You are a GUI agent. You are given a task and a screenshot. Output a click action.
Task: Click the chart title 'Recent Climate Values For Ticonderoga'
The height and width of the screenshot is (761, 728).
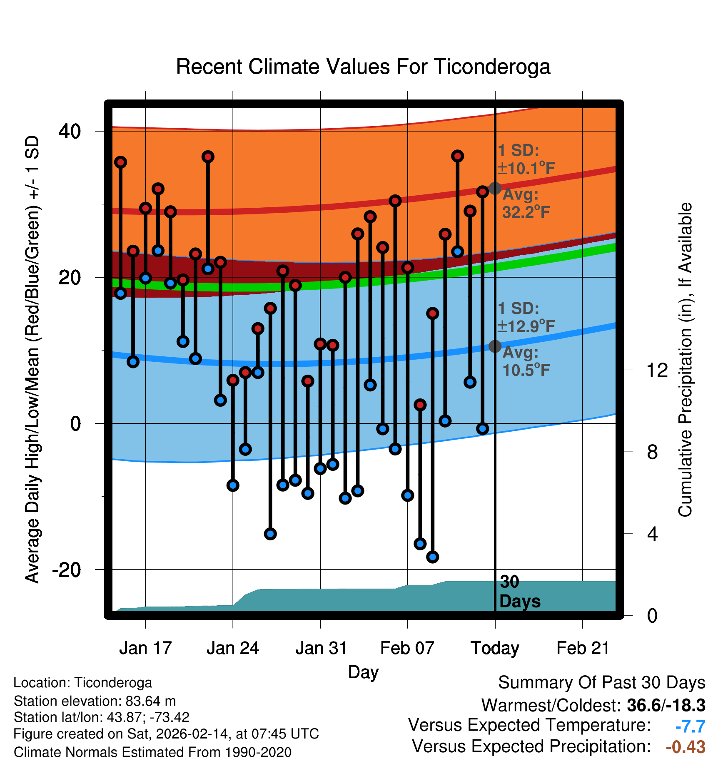pyautogui.click(x=363, y=67)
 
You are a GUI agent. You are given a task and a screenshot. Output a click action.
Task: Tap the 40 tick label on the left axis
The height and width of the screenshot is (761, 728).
pyautogui.click(x=70, y=131)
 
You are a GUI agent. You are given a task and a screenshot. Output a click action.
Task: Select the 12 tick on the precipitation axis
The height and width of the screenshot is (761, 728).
pyautogui.click(x=657, y=370)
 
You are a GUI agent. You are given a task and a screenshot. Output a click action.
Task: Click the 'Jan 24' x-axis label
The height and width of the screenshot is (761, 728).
pyautogui.click(x=233, y=648)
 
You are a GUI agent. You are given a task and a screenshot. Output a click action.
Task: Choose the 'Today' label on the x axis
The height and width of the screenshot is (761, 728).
pyautogui.click(x=495, y=648)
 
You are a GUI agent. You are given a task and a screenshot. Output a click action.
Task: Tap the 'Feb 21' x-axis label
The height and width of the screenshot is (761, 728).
pyautogui.click(x=583, y=648)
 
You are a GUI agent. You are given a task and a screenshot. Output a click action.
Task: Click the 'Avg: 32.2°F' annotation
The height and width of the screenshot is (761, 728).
pyautogui.click(x=526, y=204)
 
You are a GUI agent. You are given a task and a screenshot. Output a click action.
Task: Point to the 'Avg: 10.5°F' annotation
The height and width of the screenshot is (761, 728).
pyautogui.click(x=526, y=361)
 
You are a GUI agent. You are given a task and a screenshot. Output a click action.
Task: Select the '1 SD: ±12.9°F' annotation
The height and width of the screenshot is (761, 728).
pyautogui.click(x=526, y=317)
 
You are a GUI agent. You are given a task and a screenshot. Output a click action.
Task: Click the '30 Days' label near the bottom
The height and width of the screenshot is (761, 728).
pyautogui.click(x=519, y=592)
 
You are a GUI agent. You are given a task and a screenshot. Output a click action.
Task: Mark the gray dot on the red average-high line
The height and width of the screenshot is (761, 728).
pyautogui.click(x=495, y=188)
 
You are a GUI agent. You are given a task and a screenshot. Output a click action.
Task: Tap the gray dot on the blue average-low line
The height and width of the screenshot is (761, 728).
pyautogui.click(x=495, y=346)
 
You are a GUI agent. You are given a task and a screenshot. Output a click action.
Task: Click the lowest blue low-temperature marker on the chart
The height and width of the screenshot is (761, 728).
pyautogui.click(x=433, y=557)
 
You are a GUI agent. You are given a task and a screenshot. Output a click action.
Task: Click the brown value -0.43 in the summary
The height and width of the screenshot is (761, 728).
pyautogui.click(x=686, y=747)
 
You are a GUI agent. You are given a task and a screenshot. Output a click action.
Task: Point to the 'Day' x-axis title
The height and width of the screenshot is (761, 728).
pyautogui.click(x=363, y=672)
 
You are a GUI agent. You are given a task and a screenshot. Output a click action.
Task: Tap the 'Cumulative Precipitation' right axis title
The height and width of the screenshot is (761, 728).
pyautogui.click(x=686, y=360)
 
